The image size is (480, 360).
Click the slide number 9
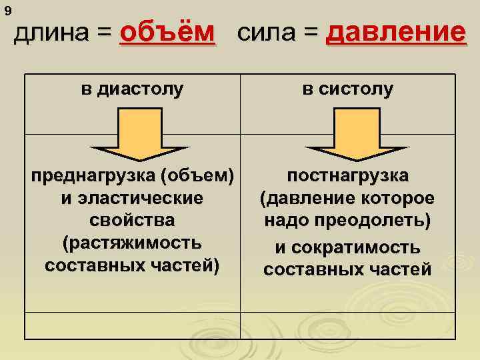(x=7, y=11)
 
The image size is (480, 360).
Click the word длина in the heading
(x=51, y=33)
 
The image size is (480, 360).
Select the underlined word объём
(x=168, y=33)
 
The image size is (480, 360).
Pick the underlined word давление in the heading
(x=395, y=33)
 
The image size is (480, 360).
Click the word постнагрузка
(x=347, y=177)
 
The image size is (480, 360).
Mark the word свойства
(x=132, y=221)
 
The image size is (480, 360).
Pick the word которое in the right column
(x=397, y=199)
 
